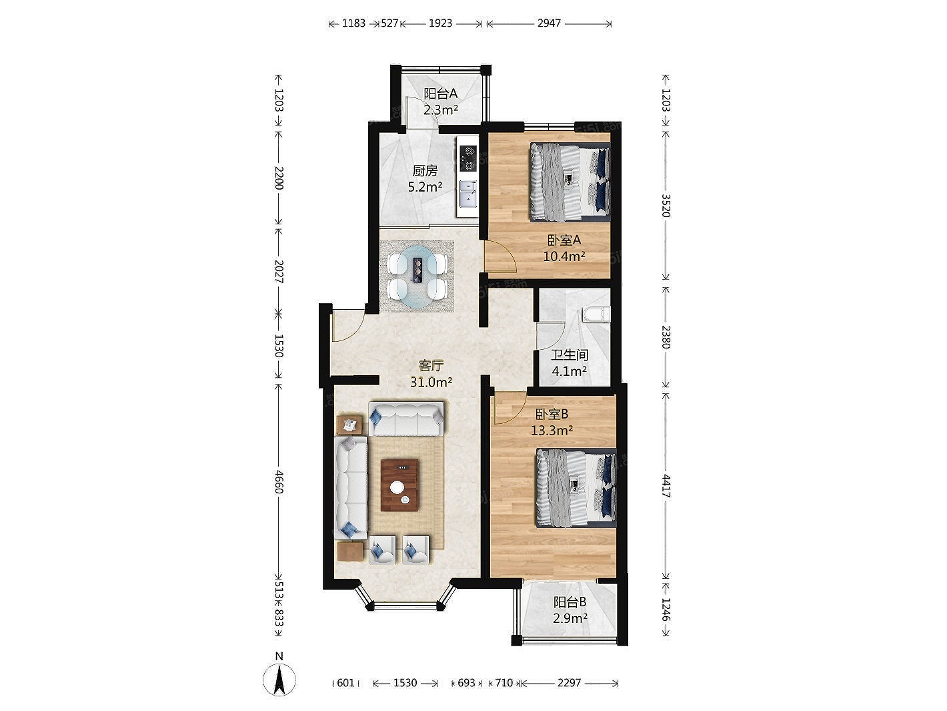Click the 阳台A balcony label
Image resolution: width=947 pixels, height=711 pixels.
pyautogui.click(x=440, y=93)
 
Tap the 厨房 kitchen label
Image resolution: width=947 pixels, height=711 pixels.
pyautogui.click(x=425, y=171)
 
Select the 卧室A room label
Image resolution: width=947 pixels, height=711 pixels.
pyautogui.click(x=564, y=240)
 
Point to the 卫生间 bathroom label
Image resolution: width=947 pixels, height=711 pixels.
pyautogui.click(x=570, y=355)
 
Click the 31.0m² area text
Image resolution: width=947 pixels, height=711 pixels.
pyautogui.click(x=431, y=382)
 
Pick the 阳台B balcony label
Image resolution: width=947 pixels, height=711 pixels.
pyautogui.click(x=570, y=602)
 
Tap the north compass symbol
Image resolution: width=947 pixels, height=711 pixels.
pyautogui.click(x=279, y=680)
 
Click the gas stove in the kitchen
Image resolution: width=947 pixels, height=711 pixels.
pyautogui.click(x=468, y=158)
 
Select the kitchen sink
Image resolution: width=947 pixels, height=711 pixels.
pyautogui.click(x=468, y=194)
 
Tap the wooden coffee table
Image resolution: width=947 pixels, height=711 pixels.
pyautogui.click(x=400, y=485)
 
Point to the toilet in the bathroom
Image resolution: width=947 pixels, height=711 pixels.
pyautogui.click(x=596, y=314)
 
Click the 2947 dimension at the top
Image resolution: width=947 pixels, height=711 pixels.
pyautogui.click(x=550, y=23)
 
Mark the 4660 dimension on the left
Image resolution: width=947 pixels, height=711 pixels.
pyautogui.click(x=279, y=482)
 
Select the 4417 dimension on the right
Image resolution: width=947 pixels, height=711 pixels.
pyautogui.click(x=666, y=487)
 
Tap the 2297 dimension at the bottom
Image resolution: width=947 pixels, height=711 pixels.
pyautogui.click(x=569, y=682)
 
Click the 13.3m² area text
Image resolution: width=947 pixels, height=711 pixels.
pyautogui.click(x=552, y=431)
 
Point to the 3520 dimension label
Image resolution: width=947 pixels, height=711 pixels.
pyautogui.click(x=666, y=206)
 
